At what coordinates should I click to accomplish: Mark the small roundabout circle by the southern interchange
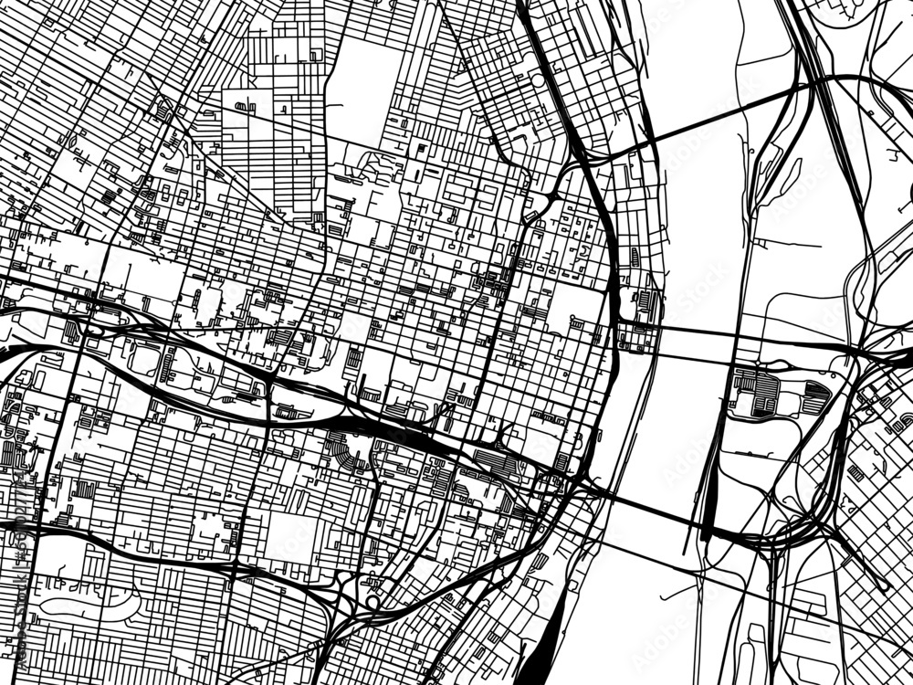pos(373,602)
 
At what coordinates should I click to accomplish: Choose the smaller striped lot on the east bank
pos(815,397)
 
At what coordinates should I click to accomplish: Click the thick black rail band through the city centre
pos(402,435)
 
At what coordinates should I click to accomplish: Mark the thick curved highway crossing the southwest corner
pos(100,539)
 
